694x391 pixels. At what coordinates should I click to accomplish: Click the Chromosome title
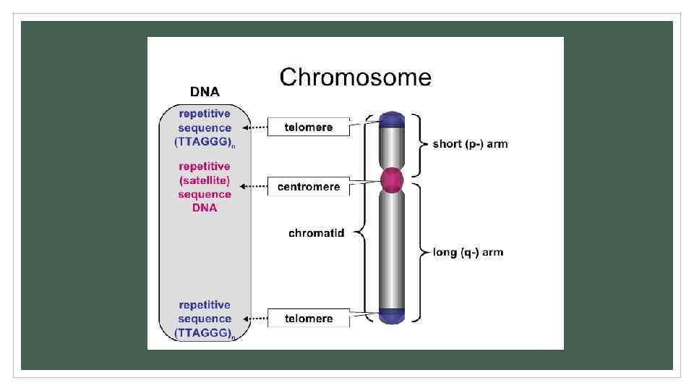pyautogui.click(x=355, y=77)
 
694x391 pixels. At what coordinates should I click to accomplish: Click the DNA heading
pyautogui.click(x=205, y=92)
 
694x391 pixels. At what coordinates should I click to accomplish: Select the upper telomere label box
pyautogui.click(x=309, y=127)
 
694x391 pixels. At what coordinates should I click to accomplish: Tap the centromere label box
pyautogui.click(x=309, y=187)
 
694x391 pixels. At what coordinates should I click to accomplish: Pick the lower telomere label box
pyautogui.click(x=309, y=319)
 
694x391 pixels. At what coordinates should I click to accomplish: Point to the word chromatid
pyautogui.click(x=316, y=232)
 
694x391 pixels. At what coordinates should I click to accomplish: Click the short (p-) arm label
pyautogui.click(x=470, y=144)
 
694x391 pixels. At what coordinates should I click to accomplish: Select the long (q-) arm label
pyautogui.click(x=468, y=253)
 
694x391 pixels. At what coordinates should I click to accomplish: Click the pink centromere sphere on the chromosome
pyautogui.click(x=391, y=180)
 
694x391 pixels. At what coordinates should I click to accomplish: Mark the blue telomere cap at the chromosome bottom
pyautogui.click(x=391, y=315)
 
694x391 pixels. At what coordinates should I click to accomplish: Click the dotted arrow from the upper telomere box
pyautogui.click(x=255, y=127)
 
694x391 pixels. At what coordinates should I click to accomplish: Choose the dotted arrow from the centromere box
pyautogui.click(x=255, y=187)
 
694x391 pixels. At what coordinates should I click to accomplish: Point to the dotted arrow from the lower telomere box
pyautogui.click(x=255, y=319)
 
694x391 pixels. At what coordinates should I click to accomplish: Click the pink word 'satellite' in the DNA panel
pyautogui.click(x=205, y=180)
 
